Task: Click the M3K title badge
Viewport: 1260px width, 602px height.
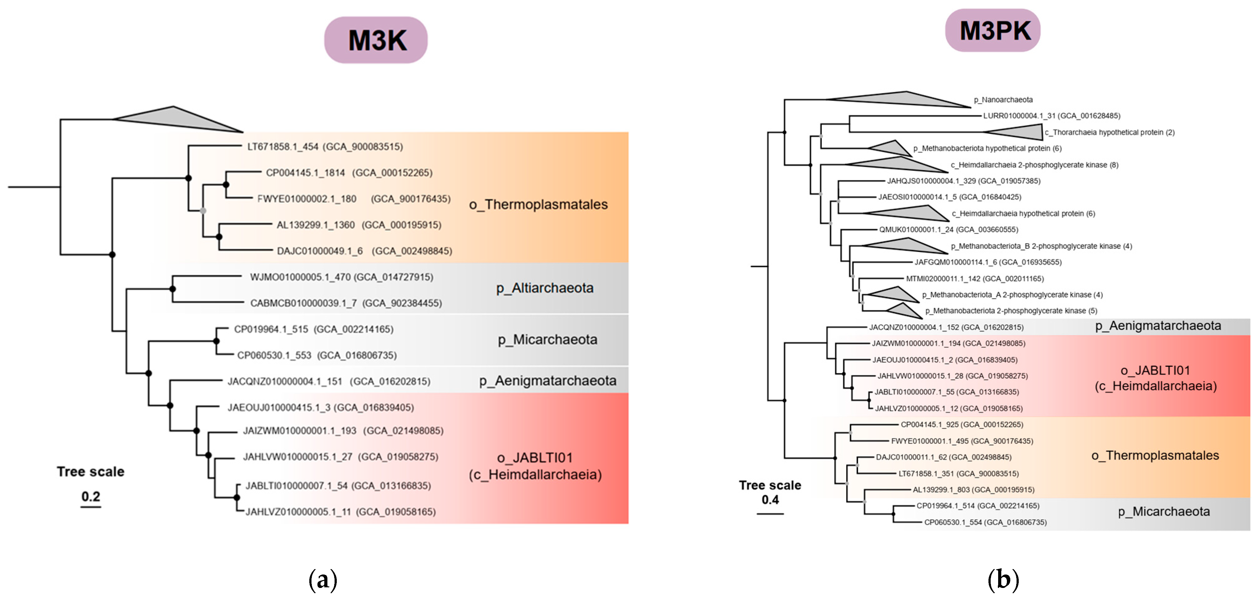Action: [x=376, y=40]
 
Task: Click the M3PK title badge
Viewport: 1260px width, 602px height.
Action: [x=993, y=30]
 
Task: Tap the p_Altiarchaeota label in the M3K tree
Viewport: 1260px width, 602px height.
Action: [x=544, y=288]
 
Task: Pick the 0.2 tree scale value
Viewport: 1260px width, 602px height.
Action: [x=91, y=496]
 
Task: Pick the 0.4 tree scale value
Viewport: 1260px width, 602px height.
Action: [x=770, y=500]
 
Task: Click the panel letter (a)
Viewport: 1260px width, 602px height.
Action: [x=323, y=580]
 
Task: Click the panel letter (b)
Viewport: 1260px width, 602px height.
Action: [x=1003, y=580]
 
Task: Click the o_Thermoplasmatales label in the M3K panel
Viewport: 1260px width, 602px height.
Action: [x=538, y=205]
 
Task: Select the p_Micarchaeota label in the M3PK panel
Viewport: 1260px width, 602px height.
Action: [x=1164, y=511]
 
